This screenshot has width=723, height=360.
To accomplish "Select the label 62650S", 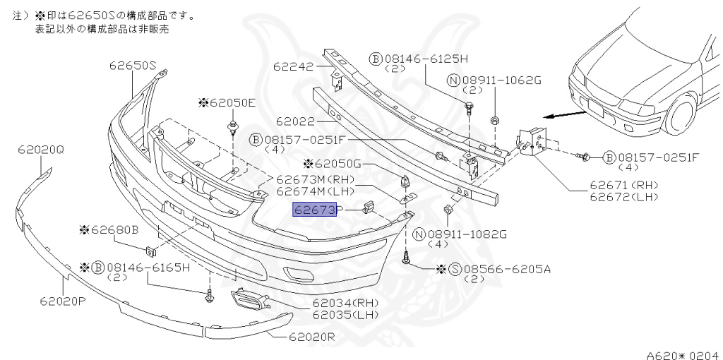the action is point(132,66).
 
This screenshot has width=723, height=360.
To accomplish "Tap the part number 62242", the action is point(293,67).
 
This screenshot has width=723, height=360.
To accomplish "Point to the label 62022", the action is point(295,121).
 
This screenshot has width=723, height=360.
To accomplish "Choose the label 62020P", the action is point(62,301).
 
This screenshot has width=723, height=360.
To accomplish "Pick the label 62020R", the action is point(311,337).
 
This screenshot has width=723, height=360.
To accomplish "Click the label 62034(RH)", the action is point(345,304).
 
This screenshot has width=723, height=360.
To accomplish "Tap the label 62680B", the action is point(113,229).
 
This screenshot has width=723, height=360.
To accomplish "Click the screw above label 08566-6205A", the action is point(407,259).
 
